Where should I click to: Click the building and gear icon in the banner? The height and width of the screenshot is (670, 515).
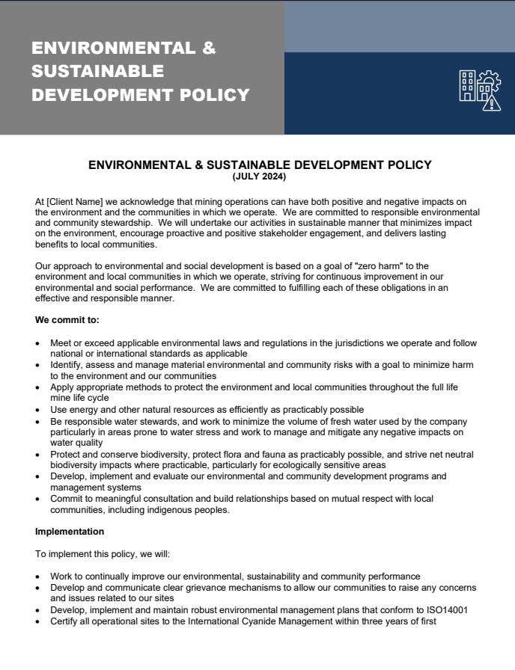pyautogui.click(x=479, y=90)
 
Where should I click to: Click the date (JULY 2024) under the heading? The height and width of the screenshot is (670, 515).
pyautogui.click(x=259, y=177)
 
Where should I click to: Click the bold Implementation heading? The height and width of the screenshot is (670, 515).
pyautogui.click(x=70, y=532)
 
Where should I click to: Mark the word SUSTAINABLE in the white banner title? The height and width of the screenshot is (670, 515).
pyautogui.click(x=97, y=72)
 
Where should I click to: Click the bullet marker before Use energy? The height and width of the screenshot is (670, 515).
pyautogui.click(x=39, y=410)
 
